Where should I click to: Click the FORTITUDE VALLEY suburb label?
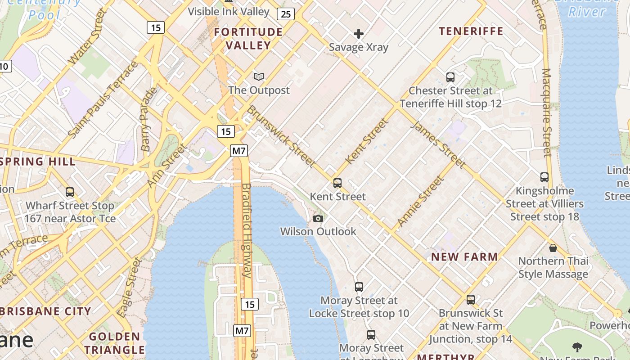248,38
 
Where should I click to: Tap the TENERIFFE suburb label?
471,31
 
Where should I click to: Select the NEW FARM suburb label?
465,257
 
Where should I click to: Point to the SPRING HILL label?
38,162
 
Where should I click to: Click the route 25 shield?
285,14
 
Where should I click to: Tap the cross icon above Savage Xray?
359,34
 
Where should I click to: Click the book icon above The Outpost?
259,77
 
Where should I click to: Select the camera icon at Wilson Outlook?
318,219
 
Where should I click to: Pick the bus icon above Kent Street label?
337,183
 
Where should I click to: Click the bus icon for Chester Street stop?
450,77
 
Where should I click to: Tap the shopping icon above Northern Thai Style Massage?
553,248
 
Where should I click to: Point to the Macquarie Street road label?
547,112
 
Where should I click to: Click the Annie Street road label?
420,201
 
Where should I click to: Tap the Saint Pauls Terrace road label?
103,99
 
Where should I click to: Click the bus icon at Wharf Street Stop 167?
70,192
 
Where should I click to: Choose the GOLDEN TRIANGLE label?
114,343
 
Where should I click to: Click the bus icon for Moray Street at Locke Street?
359,287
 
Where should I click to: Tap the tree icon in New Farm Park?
577,347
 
